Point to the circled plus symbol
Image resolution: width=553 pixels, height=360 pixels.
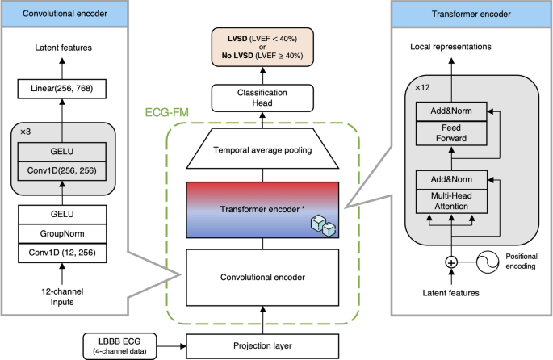(x=450, y=262)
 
